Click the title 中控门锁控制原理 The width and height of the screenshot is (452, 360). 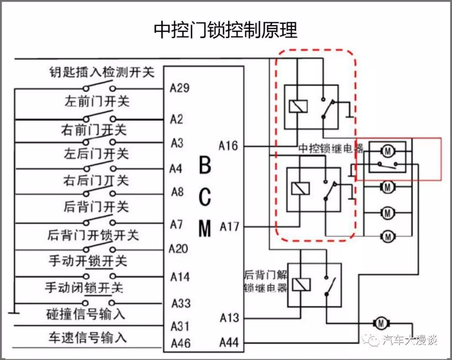226,30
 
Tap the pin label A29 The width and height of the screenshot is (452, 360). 180,88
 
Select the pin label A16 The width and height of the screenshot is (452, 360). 228,146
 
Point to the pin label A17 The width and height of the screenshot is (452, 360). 229,226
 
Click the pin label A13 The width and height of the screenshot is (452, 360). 229,318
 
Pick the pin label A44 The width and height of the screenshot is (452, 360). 229,343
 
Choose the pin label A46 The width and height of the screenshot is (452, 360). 180,343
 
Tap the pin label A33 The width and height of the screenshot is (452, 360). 181,303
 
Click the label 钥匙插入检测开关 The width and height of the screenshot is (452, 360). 101,72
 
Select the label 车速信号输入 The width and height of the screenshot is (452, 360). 87,337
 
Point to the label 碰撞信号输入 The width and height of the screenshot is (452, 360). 85,314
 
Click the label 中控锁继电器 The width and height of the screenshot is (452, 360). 331,148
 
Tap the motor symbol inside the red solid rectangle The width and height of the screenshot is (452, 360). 388,149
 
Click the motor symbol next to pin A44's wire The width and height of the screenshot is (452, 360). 381,323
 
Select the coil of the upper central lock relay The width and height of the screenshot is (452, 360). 298,106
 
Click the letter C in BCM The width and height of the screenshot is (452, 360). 205,197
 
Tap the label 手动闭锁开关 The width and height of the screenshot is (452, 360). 84,288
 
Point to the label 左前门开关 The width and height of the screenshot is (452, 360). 97,101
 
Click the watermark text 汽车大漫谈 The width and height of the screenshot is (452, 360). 410,340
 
